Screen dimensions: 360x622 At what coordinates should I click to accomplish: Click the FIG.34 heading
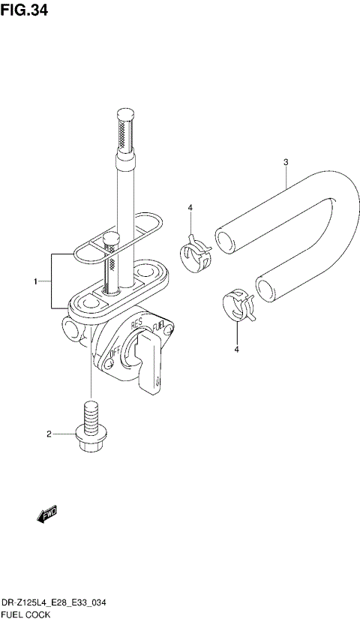tap(24, 10)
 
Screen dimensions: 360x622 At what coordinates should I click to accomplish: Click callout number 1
tap(36, 281)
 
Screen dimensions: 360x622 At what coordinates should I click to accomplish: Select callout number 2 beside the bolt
tap(49, 434)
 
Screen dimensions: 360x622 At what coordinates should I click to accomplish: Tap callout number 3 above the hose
tap(286, 162)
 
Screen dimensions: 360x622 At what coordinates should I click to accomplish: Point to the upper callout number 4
tap(190, 208)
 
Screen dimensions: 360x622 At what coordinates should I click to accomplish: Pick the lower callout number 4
tap(237, 350)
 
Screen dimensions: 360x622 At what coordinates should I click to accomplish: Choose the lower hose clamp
tap(238, 305)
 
